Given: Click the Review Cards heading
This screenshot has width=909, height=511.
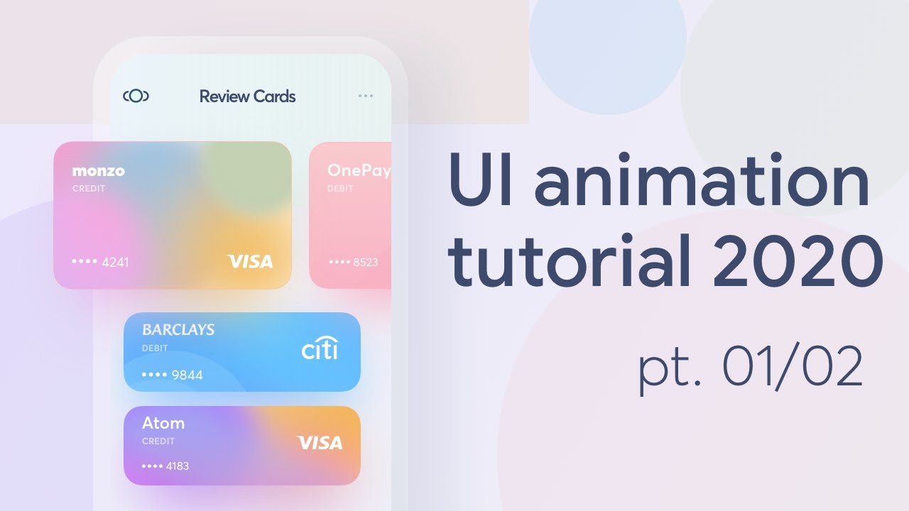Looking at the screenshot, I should pos(247,97).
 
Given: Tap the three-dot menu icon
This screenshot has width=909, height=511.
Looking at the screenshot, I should pos(366,96).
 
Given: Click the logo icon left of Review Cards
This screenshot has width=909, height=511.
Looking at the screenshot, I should pos(136,96).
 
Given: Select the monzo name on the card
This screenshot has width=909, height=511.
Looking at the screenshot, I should pos(98,171).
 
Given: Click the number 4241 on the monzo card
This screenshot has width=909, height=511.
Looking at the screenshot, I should pos(116,263).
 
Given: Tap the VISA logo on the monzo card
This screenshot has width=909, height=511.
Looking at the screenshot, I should pos(250,262).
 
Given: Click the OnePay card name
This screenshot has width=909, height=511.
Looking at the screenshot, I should pos(359,171).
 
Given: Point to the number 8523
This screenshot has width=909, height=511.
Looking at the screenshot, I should pos(365,263).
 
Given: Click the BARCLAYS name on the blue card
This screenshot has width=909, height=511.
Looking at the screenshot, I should pos(178,330).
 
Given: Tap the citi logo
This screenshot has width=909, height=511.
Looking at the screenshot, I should pos(320,348).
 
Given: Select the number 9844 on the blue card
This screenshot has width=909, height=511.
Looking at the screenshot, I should pos(187,375).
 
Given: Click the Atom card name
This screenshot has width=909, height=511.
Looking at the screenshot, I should pos(163,423).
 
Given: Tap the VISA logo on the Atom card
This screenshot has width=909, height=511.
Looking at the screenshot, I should pos(320,443).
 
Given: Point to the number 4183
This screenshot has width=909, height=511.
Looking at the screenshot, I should pos(177,466).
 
